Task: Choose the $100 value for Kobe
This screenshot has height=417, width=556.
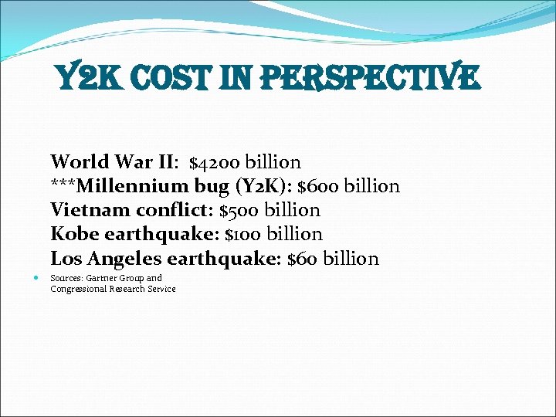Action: click(242, 234)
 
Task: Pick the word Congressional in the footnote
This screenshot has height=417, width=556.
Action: click(79, 289)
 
